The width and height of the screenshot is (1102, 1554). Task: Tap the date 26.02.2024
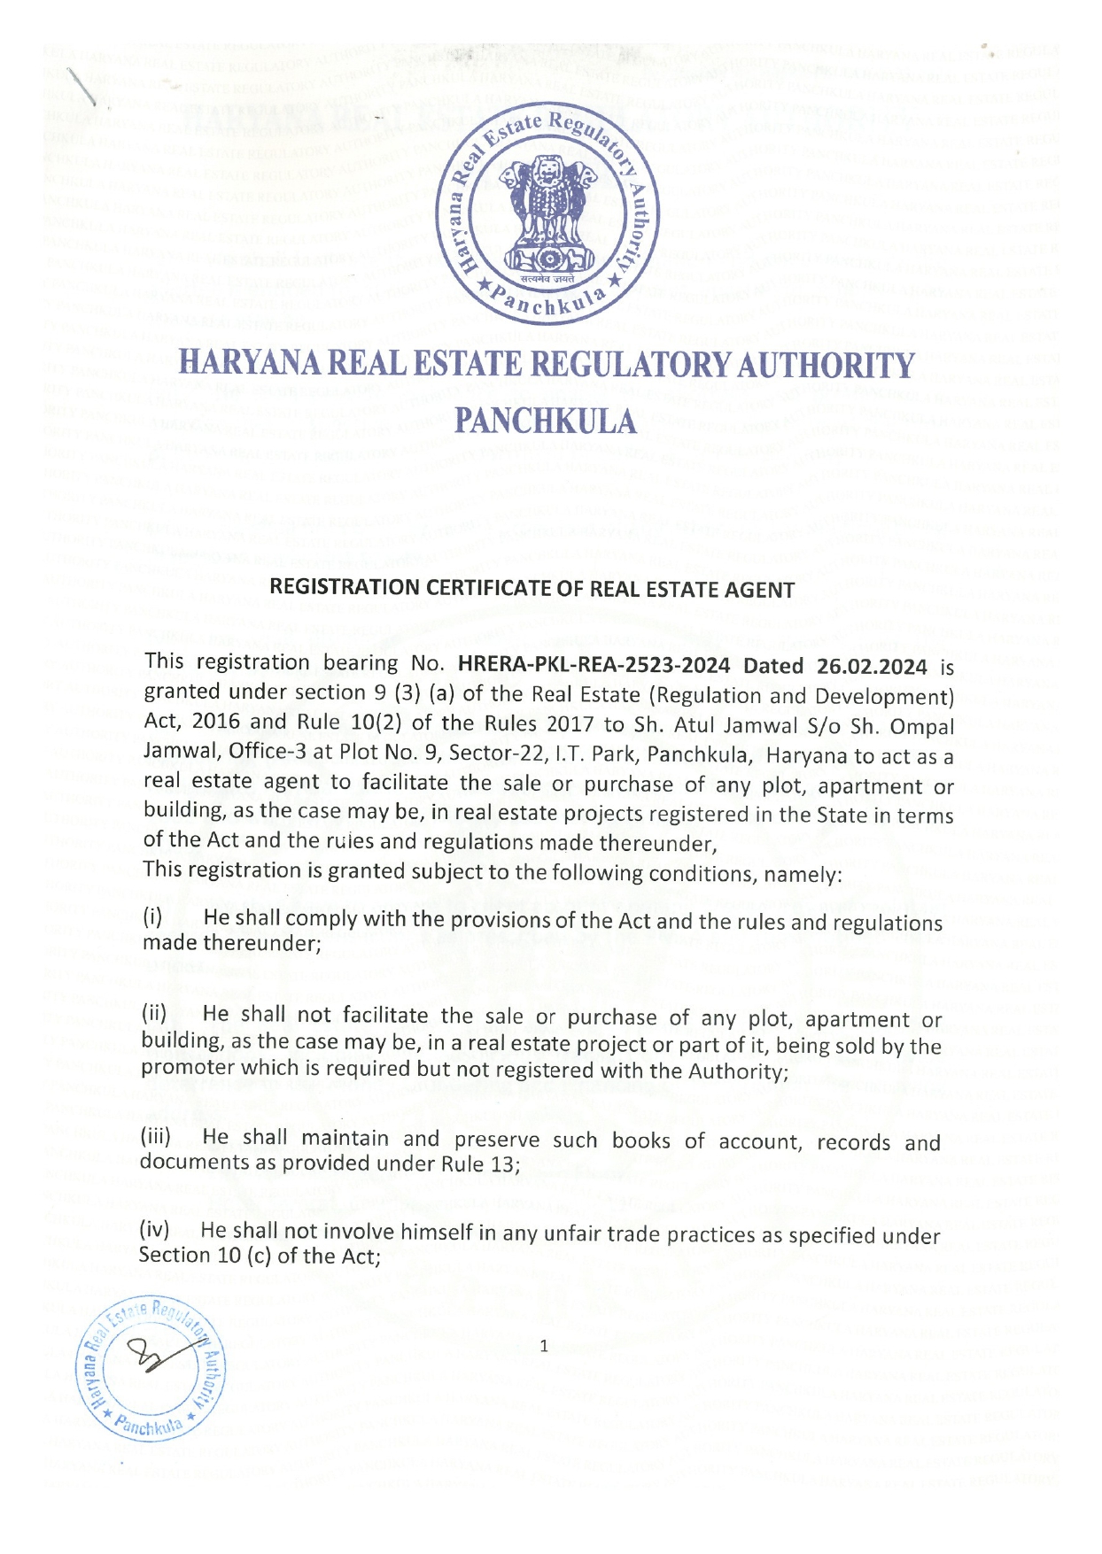pyautogui.click(x=873, y=666)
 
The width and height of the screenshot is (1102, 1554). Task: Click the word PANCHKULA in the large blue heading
pyautogui.click(x=546, y=422)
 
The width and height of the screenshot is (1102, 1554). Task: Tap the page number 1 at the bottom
pyautogui.click(x=544, y=1347)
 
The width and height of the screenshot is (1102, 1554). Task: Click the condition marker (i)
pyautogui.click(x=154, y=918)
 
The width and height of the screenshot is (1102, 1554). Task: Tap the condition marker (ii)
pyautogui.click(x=155, y=1014)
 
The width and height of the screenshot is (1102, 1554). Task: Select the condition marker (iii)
pyautogui.click(x=157, y=1138)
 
